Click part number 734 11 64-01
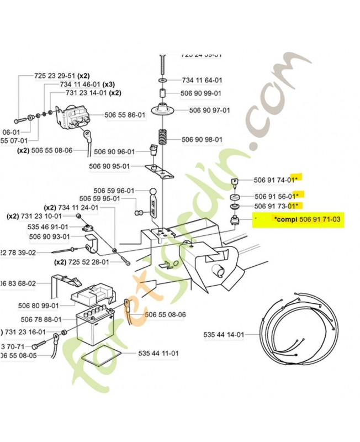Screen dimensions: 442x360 202,80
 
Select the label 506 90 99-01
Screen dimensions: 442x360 202,94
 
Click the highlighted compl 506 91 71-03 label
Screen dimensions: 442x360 306,219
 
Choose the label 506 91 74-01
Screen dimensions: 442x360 276,180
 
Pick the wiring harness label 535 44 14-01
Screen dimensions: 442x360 223,335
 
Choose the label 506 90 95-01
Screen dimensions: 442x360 109,166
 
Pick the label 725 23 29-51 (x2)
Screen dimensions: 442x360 62,75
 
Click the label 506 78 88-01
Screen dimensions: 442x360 41,319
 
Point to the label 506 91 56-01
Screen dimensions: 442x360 276,196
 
